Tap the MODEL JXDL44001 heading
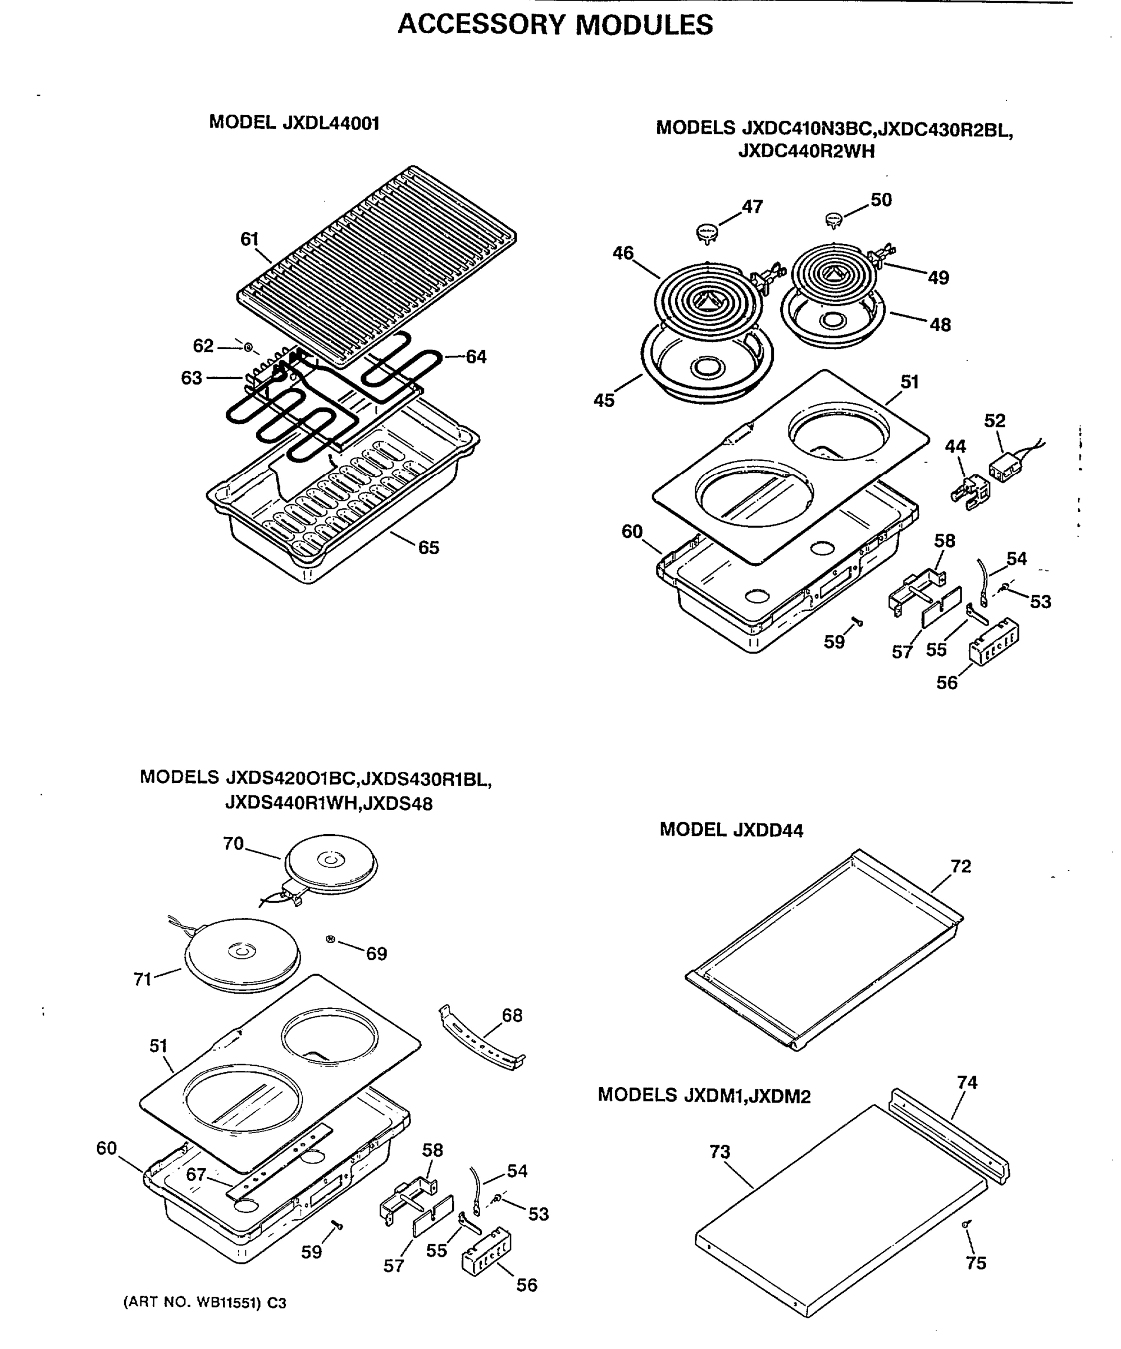(x=294, y=123)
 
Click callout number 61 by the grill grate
(x=249, y=239)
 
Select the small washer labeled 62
(x=248, y=347)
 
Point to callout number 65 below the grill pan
(x=429, y=547)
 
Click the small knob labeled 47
(x=707, y=233)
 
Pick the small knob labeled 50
(x=833, y=220)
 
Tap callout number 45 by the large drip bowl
(x=604, y=400)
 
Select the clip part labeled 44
(x=969, y=492)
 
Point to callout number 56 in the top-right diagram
(x=946, y=683)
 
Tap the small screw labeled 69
(x=331, y=939)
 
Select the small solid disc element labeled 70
(x=331, y=865)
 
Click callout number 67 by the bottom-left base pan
(x=196, y=1174)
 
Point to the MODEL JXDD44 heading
(x=731, y=830)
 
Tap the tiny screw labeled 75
(x=965, y=1224)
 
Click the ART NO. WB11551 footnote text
(x=204, y=1303)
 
